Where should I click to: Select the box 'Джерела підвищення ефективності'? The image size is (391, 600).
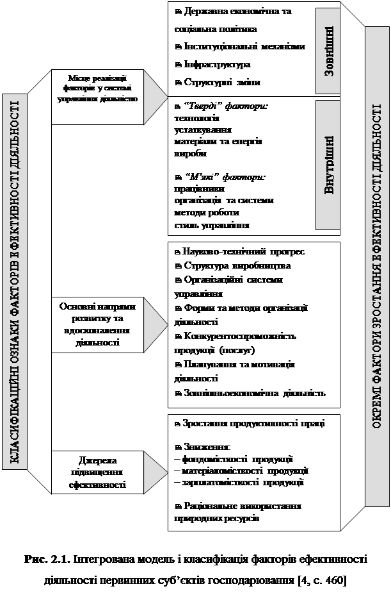(97, 473)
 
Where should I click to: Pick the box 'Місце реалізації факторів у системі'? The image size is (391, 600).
(97, 90)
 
